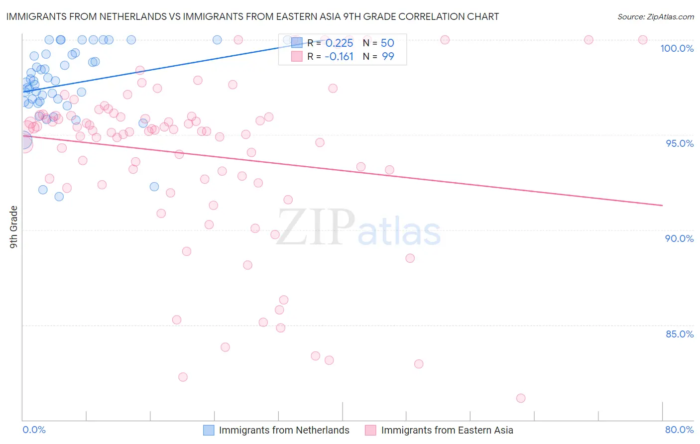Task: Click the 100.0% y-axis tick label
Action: pyautogui.click(x=677, y=48)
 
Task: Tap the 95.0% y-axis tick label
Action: pyautogui.click(x=679, y=143)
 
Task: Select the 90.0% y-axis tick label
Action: pyautogui.click(x=679, y=238)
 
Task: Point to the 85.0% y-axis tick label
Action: pyautogui.click(x=679, y=334)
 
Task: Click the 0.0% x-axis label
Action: pyautogui.click(x=34, y=430)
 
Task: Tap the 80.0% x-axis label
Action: pyautogui.click(x=679, y=430)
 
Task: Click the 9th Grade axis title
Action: pyautogui.click(x=14, y=227)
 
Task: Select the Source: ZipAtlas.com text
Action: pyautogui.click(x=655, y=17)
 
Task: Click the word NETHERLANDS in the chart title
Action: pyautogui.click(x=133, y=17)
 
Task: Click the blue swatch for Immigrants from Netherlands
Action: pyautogui.click(x=209, y=430)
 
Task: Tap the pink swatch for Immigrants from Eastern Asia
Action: pyautogui.click(x=370, y=430)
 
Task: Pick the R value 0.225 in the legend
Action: pyautogui.click(x=339, y=43)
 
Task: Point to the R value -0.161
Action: pyautogui.click(x=339, y=57)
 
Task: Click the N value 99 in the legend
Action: pyautogui.click(x=388, y=57)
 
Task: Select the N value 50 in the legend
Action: pyautogui.click(x=387, y=43)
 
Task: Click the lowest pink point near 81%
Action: pyautogui.click(x=521, y=398)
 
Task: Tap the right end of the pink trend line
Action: pyautogui.click(x=662, y=205)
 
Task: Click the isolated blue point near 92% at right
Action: pyautogui.click(x=154, y=187)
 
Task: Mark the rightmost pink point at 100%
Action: pyautogui.click(x=643, y=40)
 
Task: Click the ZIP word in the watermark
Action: pyautogui.click(x=316, y=227)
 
